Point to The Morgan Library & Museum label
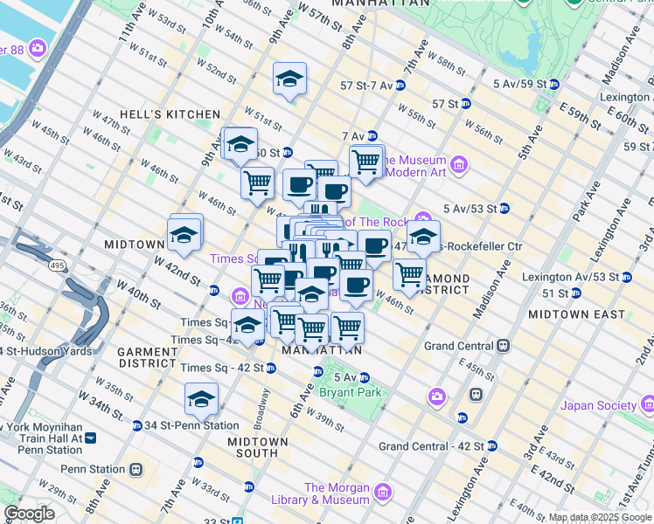(x=337, y=493)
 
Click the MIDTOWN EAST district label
(x=576, y=314)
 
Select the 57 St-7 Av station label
(x=365, y=86)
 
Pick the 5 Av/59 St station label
(x=521, y=84)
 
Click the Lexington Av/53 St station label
(x=574, y=277)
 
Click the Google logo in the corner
(x=29, y=514)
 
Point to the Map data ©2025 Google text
(x=599, y=517)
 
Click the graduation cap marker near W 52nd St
(x=289, y=79)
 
